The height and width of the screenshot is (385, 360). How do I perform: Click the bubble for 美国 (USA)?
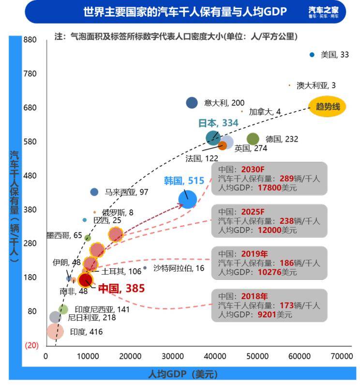(312, 55)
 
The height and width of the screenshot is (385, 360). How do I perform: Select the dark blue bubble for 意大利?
(192, 102)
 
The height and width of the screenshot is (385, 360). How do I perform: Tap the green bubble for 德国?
(253, 139)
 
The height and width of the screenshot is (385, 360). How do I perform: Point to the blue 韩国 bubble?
(187, 199)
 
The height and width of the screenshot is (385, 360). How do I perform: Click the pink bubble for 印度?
(55, 331)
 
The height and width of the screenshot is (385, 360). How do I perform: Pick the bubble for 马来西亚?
(94, 192)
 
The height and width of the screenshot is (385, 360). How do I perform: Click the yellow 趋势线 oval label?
(328, 107)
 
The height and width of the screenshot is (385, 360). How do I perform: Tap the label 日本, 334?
(218, 123)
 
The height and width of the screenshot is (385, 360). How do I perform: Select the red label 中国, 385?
(121, 289)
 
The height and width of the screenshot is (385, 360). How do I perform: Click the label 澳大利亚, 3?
(316, 86)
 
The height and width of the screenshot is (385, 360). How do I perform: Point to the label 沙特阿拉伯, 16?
(179, 268)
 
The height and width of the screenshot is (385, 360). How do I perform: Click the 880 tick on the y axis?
(30, 40)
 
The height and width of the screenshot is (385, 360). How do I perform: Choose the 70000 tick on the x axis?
(342, 356)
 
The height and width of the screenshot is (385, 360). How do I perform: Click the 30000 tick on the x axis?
(173, 356)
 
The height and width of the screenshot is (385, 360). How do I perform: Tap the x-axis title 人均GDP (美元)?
(183, 374)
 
